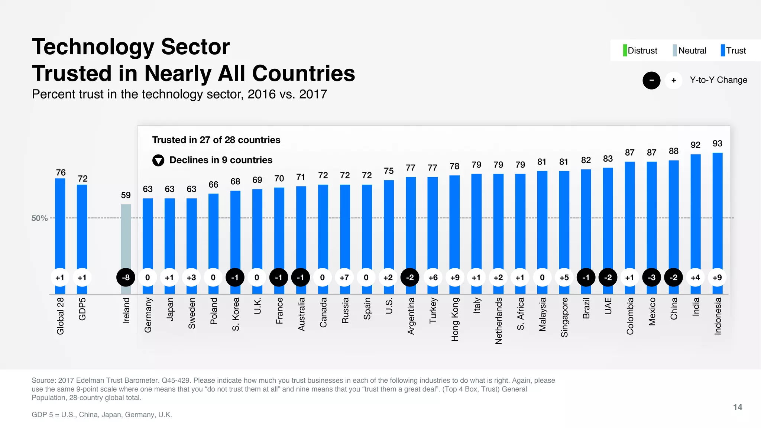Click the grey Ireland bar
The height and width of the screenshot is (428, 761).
[x=126, y=238]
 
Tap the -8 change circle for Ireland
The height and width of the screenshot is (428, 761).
[x=126, y=278]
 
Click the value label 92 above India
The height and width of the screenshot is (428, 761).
[x=695, y=145]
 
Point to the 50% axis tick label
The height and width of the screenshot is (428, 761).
[x=39, y=218]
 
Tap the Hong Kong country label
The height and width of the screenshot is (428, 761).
[x=455, y=319]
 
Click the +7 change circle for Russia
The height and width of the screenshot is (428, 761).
[x=344, y=278]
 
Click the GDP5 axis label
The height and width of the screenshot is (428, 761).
[x=82, y=309]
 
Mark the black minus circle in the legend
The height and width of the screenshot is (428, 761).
[x=651, y=80]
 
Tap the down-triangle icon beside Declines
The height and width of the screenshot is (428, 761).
[x=158, y=160]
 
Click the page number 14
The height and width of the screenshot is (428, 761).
[x=738, y=407]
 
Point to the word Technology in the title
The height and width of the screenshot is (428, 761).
[x=93, y=47]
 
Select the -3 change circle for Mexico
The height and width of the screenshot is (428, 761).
[x=651, y=278]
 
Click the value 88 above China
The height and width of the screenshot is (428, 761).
[x=673, y=151]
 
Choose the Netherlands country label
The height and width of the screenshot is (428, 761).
[x=499, y=321]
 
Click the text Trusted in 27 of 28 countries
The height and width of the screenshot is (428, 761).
[x=216, y=140]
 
